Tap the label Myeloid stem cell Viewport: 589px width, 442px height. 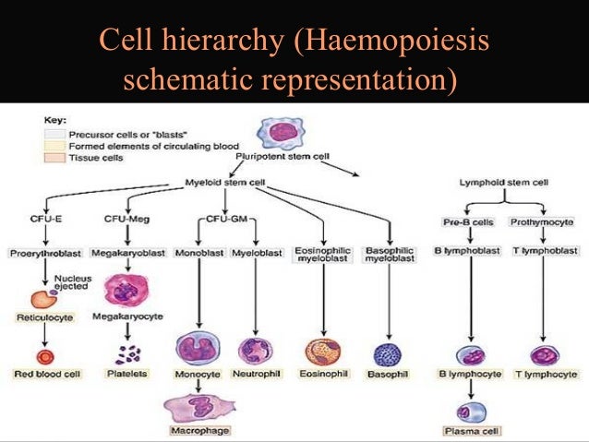tap(226, 183)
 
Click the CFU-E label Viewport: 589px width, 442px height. tap(46, 218)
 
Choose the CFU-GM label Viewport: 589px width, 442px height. tap(224, 218)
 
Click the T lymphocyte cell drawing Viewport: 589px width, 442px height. tap(543, 354)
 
